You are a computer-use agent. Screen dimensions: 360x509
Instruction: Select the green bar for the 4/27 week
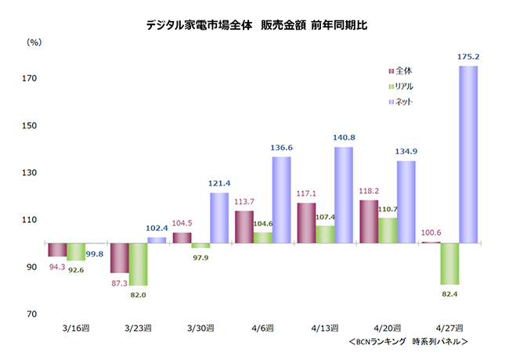tap(449, 264)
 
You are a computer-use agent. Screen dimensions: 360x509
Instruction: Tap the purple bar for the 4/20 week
tap(368, 221)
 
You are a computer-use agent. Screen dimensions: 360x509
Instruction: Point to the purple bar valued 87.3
tap(119, 257)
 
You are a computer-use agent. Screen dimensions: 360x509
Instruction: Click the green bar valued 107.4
tap(324, 234)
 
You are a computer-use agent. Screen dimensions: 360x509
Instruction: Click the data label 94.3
tap(57, 266)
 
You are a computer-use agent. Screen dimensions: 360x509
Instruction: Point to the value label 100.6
tap(429, 232)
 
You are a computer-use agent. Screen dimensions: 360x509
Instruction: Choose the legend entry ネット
tap(404, 102)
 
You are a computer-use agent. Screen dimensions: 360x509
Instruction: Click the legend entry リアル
tap(405, 86)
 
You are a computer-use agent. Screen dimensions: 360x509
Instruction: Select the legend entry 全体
tap(404, 71)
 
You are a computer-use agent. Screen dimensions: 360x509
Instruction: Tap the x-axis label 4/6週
tap(263, 328)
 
